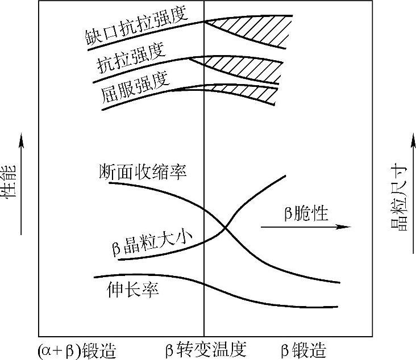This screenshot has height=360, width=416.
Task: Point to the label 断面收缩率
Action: coord(143,171)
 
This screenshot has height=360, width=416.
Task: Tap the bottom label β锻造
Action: coord(303,349)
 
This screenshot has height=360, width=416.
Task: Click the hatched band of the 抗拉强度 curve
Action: coord(250,66)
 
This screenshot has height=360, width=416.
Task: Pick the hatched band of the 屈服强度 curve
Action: coord(250,91)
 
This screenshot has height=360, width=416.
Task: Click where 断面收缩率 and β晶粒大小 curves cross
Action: coord(226,228)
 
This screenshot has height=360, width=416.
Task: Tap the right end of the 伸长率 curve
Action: coord(338,307)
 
